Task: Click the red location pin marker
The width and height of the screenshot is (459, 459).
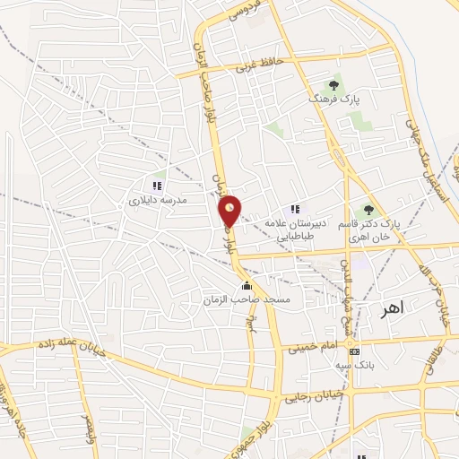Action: (230, 212)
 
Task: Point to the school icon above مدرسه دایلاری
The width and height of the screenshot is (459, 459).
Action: (157, 186)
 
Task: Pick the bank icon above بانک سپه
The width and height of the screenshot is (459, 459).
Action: (356, 351)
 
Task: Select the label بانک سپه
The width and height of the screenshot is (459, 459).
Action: (356, 366)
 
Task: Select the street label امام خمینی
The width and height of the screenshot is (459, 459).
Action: (315, 345)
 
